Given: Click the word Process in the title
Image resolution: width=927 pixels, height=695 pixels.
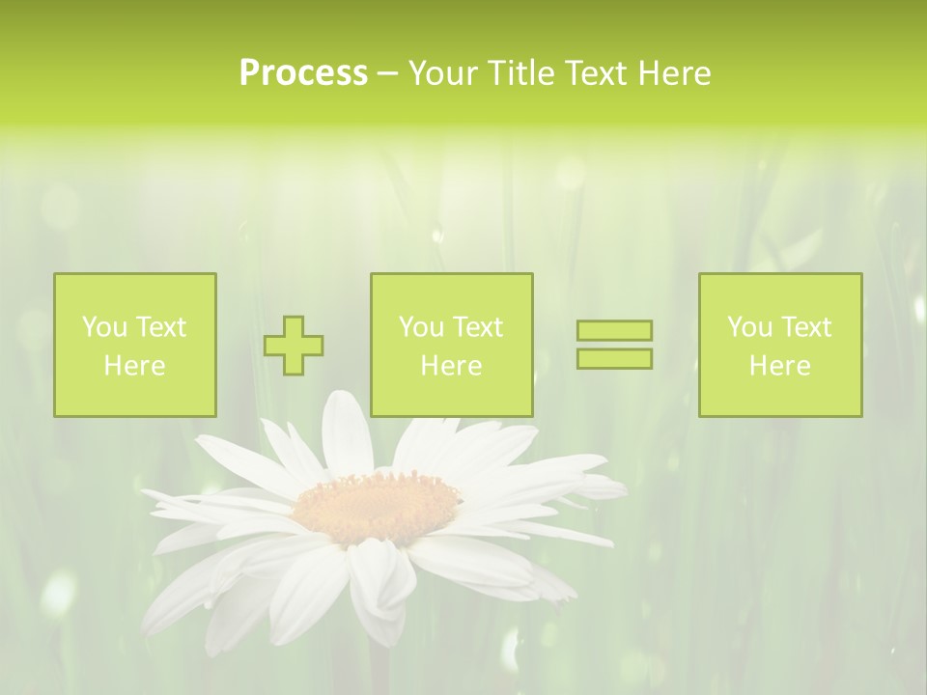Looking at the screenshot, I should click(x=303, y=73).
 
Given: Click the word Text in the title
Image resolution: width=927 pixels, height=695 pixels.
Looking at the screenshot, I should click(x=596, y=73).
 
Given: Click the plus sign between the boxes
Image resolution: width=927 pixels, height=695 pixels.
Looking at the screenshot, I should click(x=294, y=345).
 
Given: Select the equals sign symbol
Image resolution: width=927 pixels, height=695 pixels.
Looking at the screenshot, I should click(x=614, y=345).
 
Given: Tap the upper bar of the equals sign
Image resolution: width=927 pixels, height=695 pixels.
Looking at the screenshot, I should click(x=614, y=331).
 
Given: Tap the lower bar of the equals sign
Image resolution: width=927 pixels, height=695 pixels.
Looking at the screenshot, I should click(x=614, y=358).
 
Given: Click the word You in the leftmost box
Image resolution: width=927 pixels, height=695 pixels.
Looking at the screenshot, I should click(x=103, y=327).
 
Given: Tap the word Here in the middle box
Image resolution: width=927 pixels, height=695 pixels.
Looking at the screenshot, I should click(x=451, y=366).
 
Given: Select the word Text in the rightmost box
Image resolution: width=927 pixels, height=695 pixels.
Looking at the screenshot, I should click(x=808, y=327).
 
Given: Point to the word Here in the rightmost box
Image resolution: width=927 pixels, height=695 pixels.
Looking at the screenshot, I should click(x=779, y=366).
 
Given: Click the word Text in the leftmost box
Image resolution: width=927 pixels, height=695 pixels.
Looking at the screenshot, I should click(x=160, y=327).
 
